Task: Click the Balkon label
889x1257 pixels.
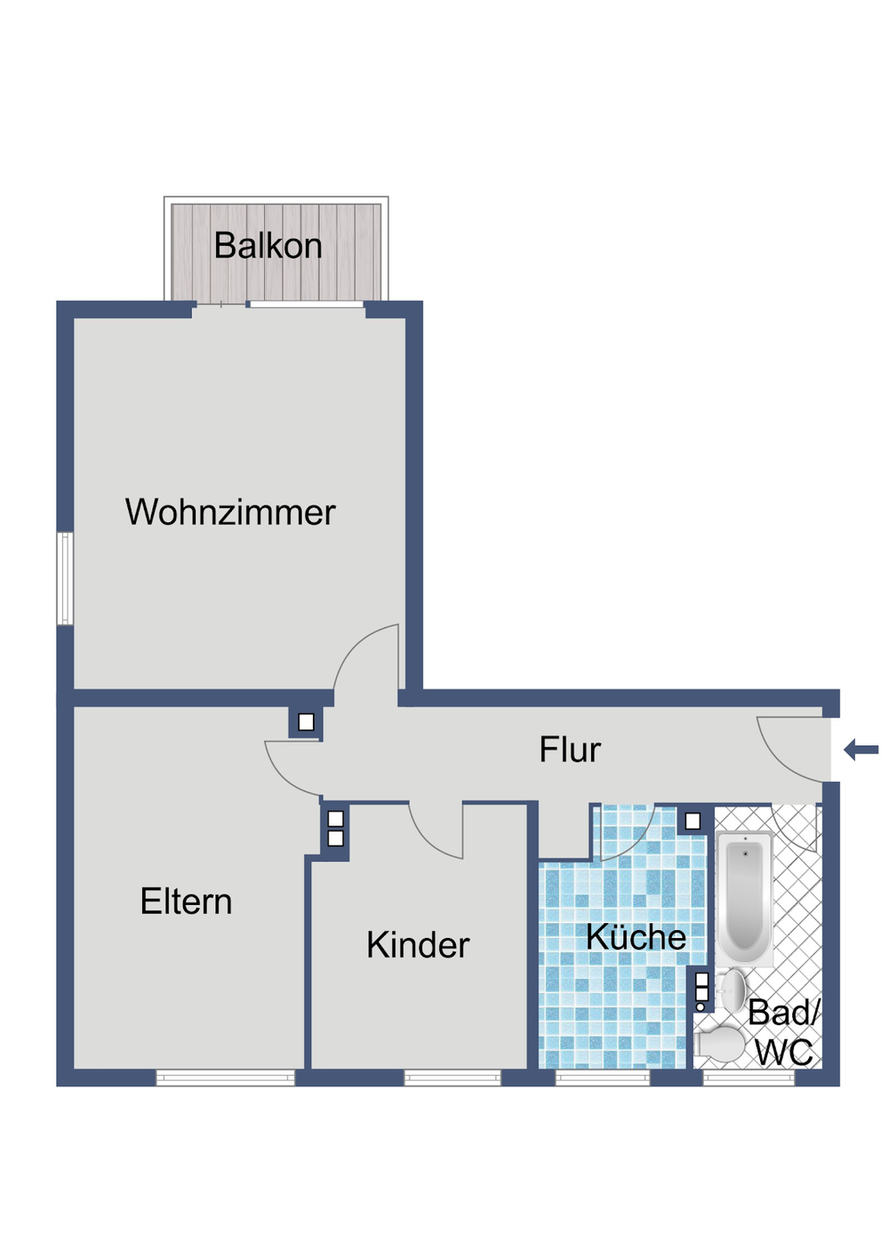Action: coord(268,246)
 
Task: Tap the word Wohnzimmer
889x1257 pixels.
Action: coord(230,513)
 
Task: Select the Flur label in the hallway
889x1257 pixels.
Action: coord(570,750)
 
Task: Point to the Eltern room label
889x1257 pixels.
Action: coord(186,902)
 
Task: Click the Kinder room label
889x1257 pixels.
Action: coord(417,945)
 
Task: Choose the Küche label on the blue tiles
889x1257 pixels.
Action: coord(636,937)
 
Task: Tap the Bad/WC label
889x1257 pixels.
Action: coord(783,1032)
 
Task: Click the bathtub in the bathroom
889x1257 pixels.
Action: coord(745,897)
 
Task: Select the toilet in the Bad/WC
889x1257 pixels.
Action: coord(721,1045)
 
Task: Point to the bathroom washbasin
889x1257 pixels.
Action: coord(734,990)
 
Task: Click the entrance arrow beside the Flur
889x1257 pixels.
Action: coord(861,750)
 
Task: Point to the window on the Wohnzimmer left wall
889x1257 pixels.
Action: coord(65,578)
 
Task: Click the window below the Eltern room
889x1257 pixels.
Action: coord(226,1078)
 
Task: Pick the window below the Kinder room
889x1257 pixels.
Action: coord(453,1078)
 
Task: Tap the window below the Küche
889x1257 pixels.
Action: coord(603,1078)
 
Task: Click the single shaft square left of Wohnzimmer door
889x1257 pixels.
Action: coord(306,722)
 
